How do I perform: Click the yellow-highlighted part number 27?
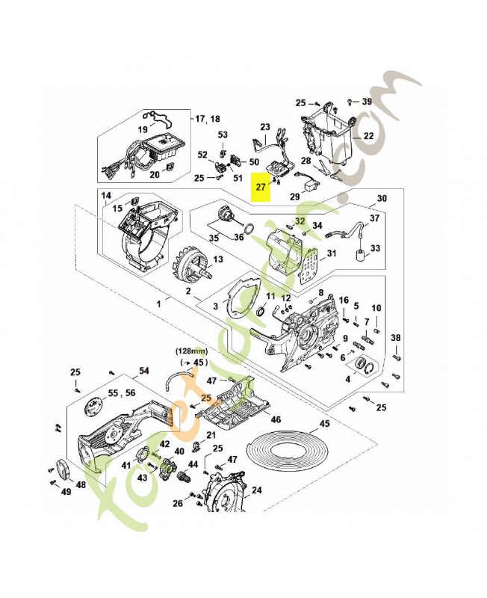(260, 187)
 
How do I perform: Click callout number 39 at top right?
(367, 102)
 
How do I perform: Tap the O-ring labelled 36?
(253, 229)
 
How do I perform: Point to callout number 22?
(367, 137)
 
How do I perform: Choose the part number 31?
(332, 253)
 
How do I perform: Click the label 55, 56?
(122, 392)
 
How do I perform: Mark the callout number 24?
(256, 491)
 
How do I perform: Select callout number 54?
(144, 371)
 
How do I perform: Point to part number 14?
(106, 195)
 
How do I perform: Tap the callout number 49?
(66, 491)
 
